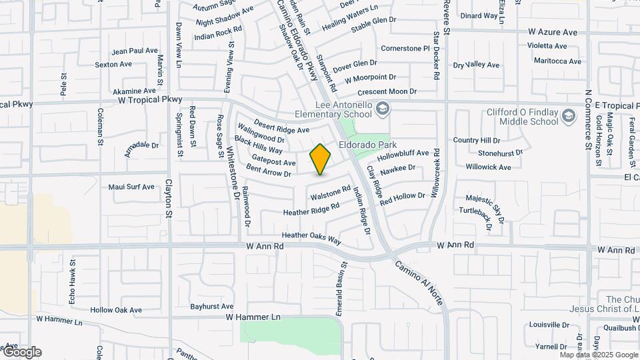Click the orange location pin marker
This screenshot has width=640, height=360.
pos(320,159)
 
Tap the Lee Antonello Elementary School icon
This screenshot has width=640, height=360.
pos(382,108)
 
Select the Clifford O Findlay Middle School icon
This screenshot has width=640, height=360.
pos(568,117)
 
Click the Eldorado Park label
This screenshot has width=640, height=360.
pos(367,145)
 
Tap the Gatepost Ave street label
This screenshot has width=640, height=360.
pos(273,160)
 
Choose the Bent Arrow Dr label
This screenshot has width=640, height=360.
pos(269,171)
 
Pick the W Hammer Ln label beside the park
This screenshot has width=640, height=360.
pos(253,317)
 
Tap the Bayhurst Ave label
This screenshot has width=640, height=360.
pos(211,307)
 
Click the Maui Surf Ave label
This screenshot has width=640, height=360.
pos(131,187)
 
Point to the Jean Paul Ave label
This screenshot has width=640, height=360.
pos(135,51)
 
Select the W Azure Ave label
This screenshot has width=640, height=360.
pos(552,32)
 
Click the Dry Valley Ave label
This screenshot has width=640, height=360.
pos(476,65)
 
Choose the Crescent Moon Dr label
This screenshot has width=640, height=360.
pos(387,91)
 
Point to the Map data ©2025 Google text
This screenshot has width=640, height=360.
pos(598,355)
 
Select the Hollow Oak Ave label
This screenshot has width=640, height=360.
pos(116,310)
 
